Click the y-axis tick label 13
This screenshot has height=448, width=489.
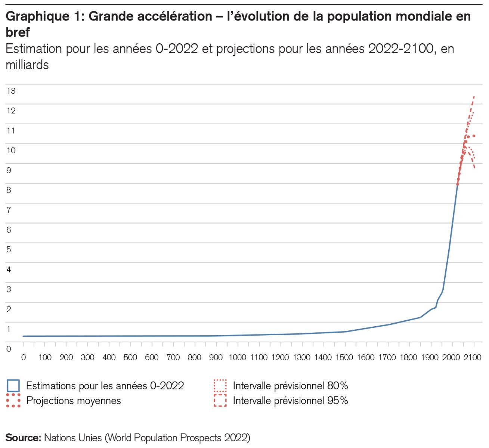click(11, 91)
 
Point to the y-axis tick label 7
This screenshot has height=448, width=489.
click(9, 210)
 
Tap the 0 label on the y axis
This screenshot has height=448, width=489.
click(9, 349)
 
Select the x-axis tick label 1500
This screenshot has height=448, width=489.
click(344, 358)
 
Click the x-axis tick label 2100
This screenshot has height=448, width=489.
click(473, 358)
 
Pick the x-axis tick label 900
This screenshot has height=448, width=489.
click(216, 358)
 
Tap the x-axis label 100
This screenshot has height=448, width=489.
click(45, 358)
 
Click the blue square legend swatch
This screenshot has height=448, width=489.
click(13, 386)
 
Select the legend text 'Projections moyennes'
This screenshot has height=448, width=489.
click(74, 401)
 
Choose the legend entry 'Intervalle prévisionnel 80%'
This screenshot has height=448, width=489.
click(290, 386)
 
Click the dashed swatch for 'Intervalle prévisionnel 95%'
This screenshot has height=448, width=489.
click(220, 401)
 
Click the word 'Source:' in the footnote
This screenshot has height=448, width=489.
click(23, 438)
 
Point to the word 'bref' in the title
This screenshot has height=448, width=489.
click(18, 32)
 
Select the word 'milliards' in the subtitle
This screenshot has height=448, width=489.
click(27, 65)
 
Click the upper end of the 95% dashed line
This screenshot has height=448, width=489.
click(474, 96)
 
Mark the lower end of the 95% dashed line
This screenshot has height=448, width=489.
click(474, 168)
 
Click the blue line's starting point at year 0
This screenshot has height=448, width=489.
click(23, 336)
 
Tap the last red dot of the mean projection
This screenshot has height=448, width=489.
click(474, 136)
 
